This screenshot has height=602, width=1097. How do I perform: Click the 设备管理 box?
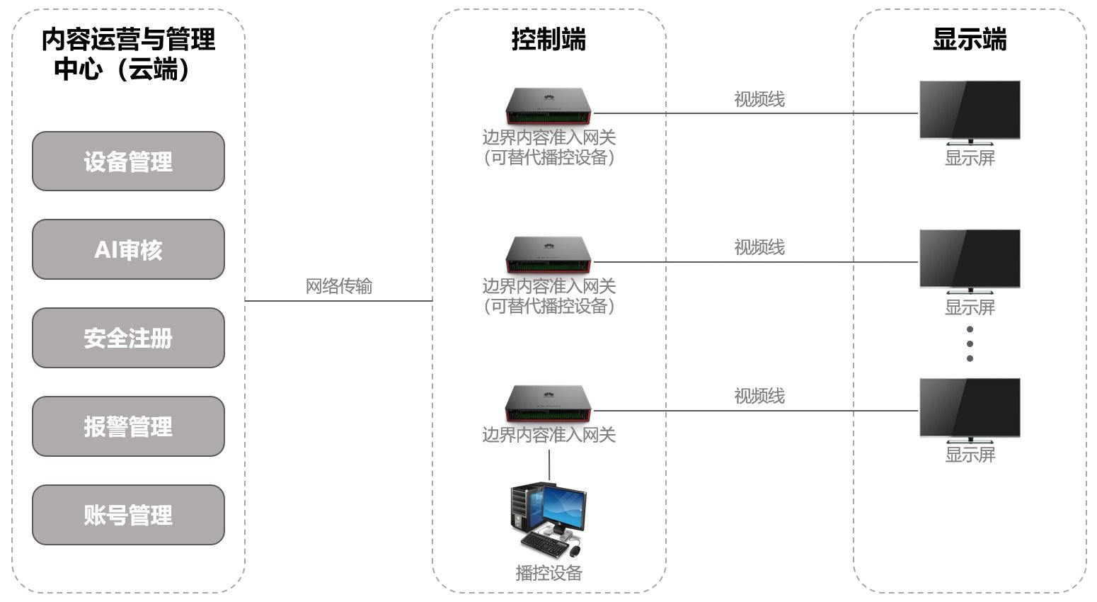pos(128,161)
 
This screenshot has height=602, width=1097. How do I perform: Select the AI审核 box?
pos(128,249)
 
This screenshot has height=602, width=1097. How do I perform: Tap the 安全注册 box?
pos(128,338)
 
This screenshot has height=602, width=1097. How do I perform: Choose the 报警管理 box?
pos(128,426)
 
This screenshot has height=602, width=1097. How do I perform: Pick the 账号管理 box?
pos(128,515)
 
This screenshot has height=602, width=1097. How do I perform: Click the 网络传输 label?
pos(339,286)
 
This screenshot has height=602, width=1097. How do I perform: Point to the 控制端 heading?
pos(548,39)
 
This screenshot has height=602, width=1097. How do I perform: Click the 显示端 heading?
pos(970,39)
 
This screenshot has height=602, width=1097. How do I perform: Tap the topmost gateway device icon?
pos(548,106)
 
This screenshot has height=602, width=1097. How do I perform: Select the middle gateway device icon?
pos(548,255)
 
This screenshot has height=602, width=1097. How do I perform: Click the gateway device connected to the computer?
pos(548,404)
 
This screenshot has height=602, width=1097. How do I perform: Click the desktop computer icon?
pos(548,520)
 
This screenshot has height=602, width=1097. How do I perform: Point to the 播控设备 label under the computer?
pos(549,573)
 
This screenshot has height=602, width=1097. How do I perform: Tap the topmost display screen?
pos(970,113)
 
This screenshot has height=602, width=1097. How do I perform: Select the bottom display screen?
pos(970,410)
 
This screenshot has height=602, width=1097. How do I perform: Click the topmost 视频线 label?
pos(759,100)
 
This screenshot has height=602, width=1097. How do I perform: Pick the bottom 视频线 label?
pos(759,396)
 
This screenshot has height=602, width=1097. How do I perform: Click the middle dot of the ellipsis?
pos(970,343)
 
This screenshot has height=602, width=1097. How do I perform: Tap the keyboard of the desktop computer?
pos(544,544)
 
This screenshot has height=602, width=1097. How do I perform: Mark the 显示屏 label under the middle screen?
pos(970,308)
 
